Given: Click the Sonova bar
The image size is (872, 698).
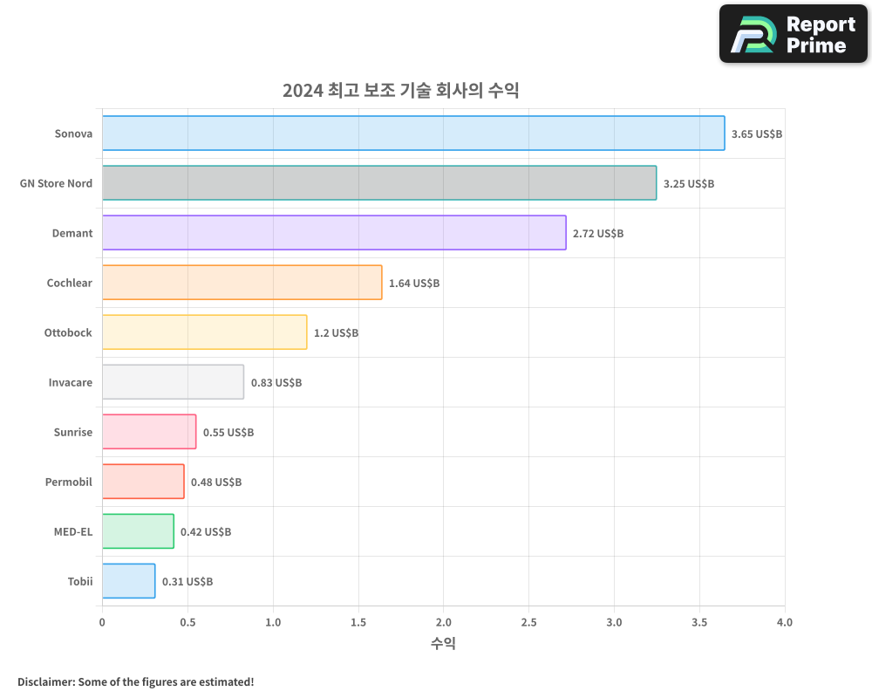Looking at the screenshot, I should click(413, 133).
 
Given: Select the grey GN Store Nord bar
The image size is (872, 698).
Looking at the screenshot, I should click(379, 183).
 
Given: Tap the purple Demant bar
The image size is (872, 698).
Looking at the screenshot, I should click(334, 233).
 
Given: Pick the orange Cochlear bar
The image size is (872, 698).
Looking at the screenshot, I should click(242, 283).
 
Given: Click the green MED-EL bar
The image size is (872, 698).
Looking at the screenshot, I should click(138, 531).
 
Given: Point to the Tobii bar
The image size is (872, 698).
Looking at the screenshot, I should click(128, 581).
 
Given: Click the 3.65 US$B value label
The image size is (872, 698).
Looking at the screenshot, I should click(757, 134).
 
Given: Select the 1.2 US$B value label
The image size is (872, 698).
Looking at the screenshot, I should click(336, 333).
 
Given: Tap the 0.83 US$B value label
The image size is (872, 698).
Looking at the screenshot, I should click(276, 383).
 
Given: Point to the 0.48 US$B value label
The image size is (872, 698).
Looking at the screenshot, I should click(216, 482).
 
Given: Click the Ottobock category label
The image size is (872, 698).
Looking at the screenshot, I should click(68, 332).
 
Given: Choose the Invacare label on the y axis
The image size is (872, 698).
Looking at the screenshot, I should click(71, 382).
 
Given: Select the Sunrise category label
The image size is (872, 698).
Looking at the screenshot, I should click(73, 432).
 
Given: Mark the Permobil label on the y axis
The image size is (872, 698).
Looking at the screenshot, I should click(69, 482).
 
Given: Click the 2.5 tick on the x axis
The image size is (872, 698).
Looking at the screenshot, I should click(528, 622).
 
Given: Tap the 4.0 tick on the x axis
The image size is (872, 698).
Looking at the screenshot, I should click(784, 622).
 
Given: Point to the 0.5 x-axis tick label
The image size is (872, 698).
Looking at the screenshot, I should click(187, 622).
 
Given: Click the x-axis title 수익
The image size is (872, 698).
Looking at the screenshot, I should click(443, 644).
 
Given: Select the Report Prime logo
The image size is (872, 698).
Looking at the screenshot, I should click(793, 34).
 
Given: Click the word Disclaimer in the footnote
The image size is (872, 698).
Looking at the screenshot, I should click(45, 681).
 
